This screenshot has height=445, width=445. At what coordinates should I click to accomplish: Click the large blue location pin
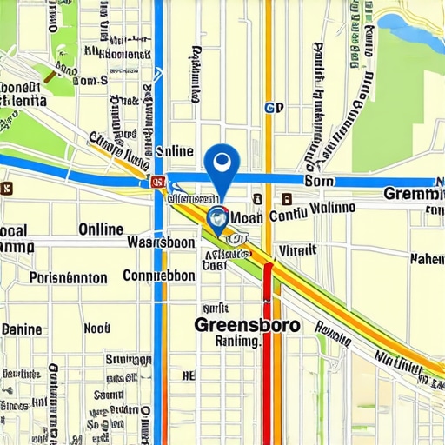coord(224,163)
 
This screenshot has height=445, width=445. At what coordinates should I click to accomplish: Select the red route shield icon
coord(157,182)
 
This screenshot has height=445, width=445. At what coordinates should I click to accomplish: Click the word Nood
coord(96,329)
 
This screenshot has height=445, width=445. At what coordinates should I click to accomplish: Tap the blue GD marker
coord(274,108)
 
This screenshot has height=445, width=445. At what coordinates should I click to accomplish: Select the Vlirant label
coord(297,249)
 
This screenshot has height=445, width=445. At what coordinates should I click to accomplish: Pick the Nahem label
coord(426,258)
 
